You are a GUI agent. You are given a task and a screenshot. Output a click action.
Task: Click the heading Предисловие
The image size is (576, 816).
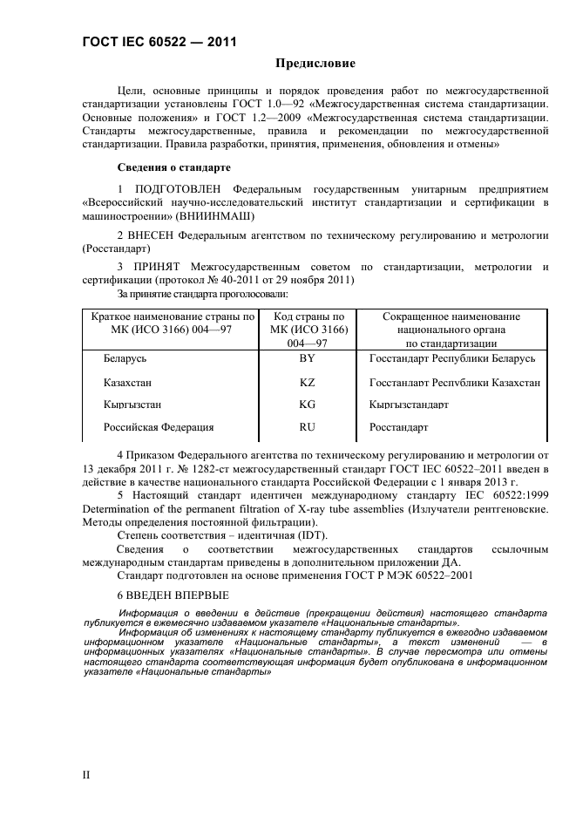(315, 63)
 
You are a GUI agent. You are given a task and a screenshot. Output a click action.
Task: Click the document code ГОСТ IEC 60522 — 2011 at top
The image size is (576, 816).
(159, 41)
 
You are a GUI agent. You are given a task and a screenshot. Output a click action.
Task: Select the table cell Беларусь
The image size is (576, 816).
(125, 358)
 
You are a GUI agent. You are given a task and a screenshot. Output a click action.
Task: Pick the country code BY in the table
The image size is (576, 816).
(308, 358)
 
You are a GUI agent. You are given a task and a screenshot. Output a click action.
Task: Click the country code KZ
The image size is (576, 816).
(308, 382)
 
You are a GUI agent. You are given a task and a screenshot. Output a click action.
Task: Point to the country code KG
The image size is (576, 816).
(308, 405)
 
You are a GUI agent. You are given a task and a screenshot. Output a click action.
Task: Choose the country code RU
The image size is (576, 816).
(308, 428)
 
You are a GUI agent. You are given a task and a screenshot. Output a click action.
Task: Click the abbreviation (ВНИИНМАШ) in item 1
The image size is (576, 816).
(211, 214)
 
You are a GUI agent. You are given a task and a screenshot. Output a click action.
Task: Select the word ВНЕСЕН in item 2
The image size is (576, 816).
(153, 235)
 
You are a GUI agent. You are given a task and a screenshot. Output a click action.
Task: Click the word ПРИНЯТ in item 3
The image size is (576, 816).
(155, 267)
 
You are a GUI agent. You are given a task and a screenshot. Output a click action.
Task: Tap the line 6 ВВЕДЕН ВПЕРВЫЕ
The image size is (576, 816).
(173, 595)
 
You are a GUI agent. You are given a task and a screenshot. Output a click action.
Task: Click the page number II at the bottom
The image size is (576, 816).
(85, 774)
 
